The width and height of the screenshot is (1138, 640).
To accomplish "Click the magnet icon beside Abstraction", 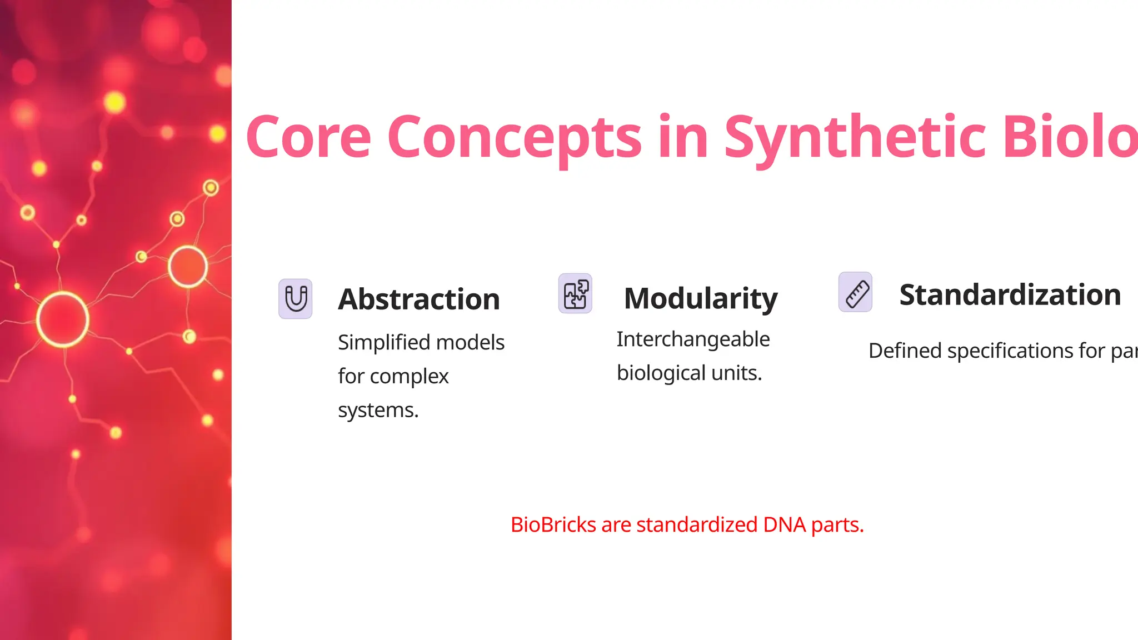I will point(296,299).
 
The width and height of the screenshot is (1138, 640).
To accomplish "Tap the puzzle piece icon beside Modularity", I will point(575,294).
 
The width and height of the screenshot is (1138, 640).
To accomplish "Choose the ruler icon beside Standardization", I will point(856,292).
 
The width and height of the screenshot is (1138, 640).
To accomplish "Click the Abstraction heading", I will point(419,299).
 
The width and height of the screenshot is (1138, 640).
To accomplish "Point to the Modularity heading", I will point(701,298).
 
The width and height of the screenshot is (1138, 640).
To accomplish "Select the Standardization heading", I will point(1010,294).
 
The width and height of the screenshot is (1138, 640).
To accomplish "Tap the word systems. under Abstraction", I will point(378,410).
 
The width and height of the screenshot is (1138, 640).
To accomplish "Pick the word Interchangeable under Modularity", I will point(693,339).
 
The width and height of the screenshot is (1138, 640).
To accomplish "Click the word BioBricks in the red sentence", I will point(553,524).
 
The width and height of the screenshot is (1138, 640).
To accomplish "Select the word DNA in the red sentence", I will point(784,524).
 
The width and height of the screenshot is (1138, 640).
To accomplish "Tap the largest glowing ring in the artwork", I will point(63,319).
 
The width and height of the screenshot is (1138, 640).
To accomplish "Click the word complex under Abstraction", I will point(409,377).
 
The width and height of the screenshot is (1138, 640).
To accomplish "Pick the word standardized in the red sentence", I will point(697,524).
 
